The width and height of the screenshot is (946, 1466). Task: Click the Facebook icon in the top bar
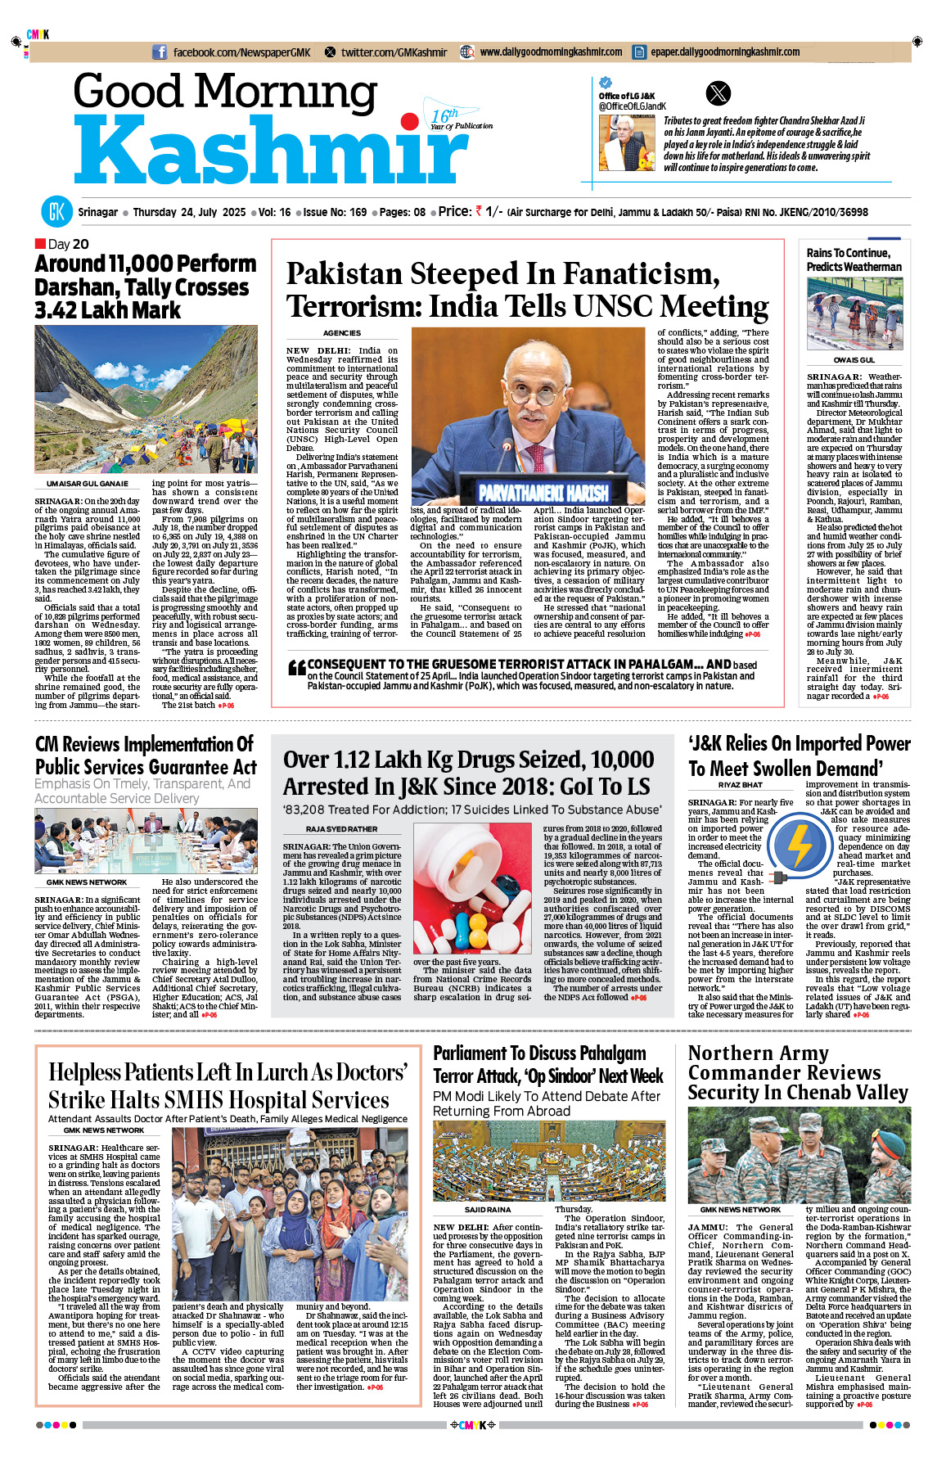tap(160, 52)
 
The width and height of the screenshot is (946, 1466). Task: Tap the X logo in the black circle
tap(718, 93)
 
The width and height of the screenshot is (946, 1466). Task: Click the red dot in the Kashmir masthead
tap(409, 123)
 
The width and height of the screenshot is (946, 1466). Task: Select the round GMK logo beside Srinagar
tap(56, 212)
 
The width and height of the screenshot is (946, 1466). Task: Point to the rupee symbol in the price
tap(479, 211)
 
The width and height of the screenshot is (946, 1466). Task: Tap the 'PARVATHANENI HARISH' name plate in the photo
tap(543, 493)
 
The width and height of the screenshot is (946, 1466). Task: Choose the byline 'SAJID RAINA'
tap(488, 1209)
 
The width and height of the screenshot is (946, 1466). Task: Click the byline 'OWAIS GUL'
tap(854, 360)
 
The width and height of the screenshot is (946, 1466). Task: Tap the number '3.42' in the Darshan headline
tap(56, 311)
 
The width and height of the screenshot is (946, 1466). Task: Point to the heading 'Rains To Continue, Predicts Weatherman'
tap(854, 259)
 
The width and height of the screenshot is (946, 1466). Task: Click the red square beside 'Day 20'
tap(40, 243)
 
